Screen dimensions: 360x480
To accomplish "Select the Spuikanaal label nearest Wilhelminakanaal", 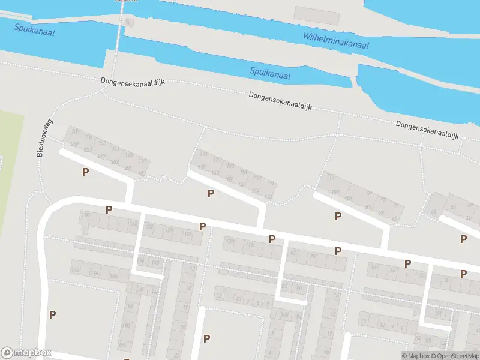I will [270, 73].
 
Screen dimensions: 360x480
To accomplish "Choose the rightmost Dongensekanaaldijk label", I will [427, 130].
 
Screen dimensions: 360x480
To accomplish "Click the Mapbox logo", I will [27, 353].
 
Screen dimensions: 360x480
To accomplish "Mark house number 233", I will [76, 131].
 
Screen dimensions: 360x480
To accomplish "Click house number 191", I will [143, 161].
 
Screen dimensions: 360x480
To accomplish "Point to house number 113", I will [331, 176].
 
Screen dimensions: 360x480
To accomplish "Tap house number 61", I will [433, 212].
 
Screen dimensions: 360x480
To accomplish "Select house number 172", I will [75, 271].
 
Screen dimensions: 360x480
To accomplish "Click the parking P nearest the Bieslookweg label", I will [85, 172].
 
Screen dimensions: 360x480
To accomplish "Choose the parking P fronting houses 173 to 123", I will [211, 193].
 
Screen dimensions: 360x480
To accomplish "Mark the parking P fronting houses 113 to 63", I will [338, 216].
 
